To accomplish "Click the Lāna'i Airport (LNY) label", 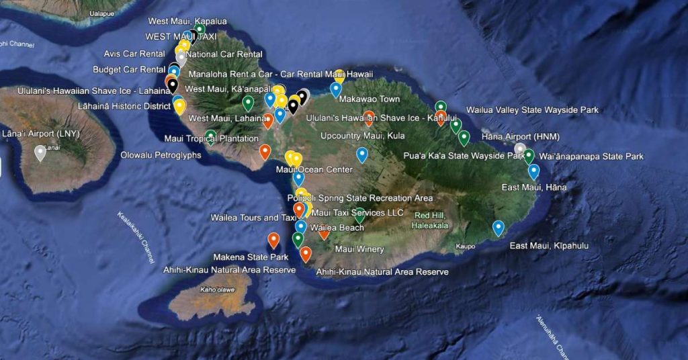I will pos(40,134).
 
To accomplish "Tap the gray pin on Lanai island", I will pos(40,152).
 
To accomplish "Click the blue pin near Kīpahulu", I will pos(498,228).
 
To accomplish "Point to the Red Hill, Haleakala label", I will pos(431,220).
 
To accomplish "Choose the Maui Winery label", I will pos(359,249).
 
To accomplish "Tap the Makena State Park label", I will pos(251,257).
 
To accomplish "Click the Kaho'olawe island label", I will pos(217,290).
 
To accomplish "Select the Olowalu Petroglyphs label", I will pos(161,155).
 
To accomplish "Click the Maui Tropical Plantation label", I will pos(202,139).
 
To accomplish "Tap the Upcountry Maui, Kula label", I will pos(363,136).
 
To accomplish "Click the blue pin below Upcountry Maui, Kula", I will pos(362,154).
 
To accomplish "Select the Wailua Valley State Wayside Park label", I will pos(532,109).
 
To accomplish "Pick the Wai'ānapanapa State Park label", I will pos(591,156).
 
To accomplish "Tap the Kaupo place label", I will pos(465,246).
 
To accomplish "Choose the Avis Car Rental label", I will pos(134,54).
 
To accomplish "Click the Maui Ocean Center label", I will pos(314,169).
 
